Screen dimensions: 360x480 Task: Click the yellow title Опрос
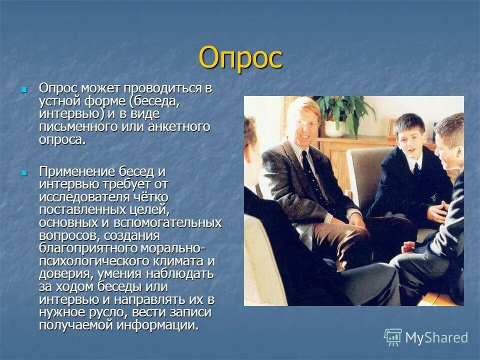pyautogui.click(x=240, y=58)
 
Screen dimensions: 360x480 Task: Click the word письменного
pyautogui.click(x=78, y=127)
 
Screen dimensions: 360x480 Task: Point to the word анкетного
pyautogui.click(x=178, y=127)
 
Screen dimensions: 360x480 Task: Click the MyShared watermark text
pyautogui.click(x=436, y=337)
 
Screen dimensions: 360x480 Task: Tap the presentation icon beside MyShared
pyautogui.click(x=393, y=337)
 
